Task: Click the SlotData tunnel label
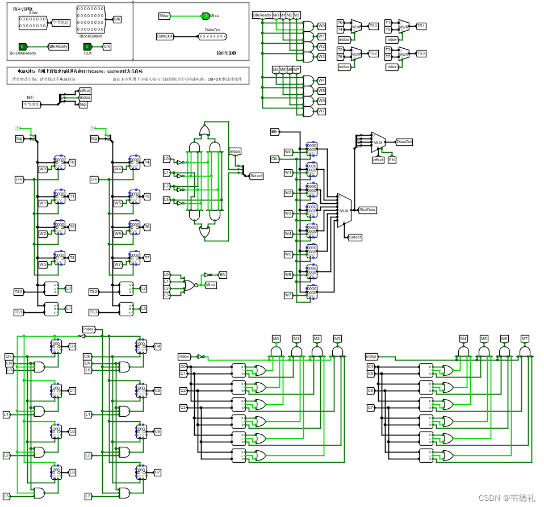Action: (x=367, y=210)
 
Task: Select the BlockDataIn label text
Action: (x=90, y=36)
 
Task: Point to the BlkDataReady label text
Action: (x=23, y=53)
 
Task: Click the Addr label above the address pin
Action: (x=33, y=12)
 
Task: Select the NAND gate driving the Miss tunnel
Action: (x=187, y=285)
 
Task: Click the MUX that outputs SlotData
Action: (x=344, y=211)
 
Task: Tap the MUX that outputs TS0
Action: (x=356, y=26)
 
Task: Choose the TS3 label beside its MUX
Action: (x=420, y=53)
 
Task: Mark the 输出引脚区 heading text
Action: (x=226, y=53)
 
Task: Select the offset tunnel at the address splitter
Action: (x=85, y=91)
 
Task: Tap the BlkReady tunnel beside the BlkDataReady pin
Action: (x=58, y=47)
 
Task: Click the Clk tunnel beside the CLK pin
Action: (x=107, y=47)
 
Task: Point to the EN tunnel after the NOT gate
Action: (x=223, y=275)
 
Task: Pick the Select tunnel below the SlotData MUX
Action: (x=355, y=237)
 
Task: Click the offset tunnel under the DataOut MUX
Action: (x=378, y=160)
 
